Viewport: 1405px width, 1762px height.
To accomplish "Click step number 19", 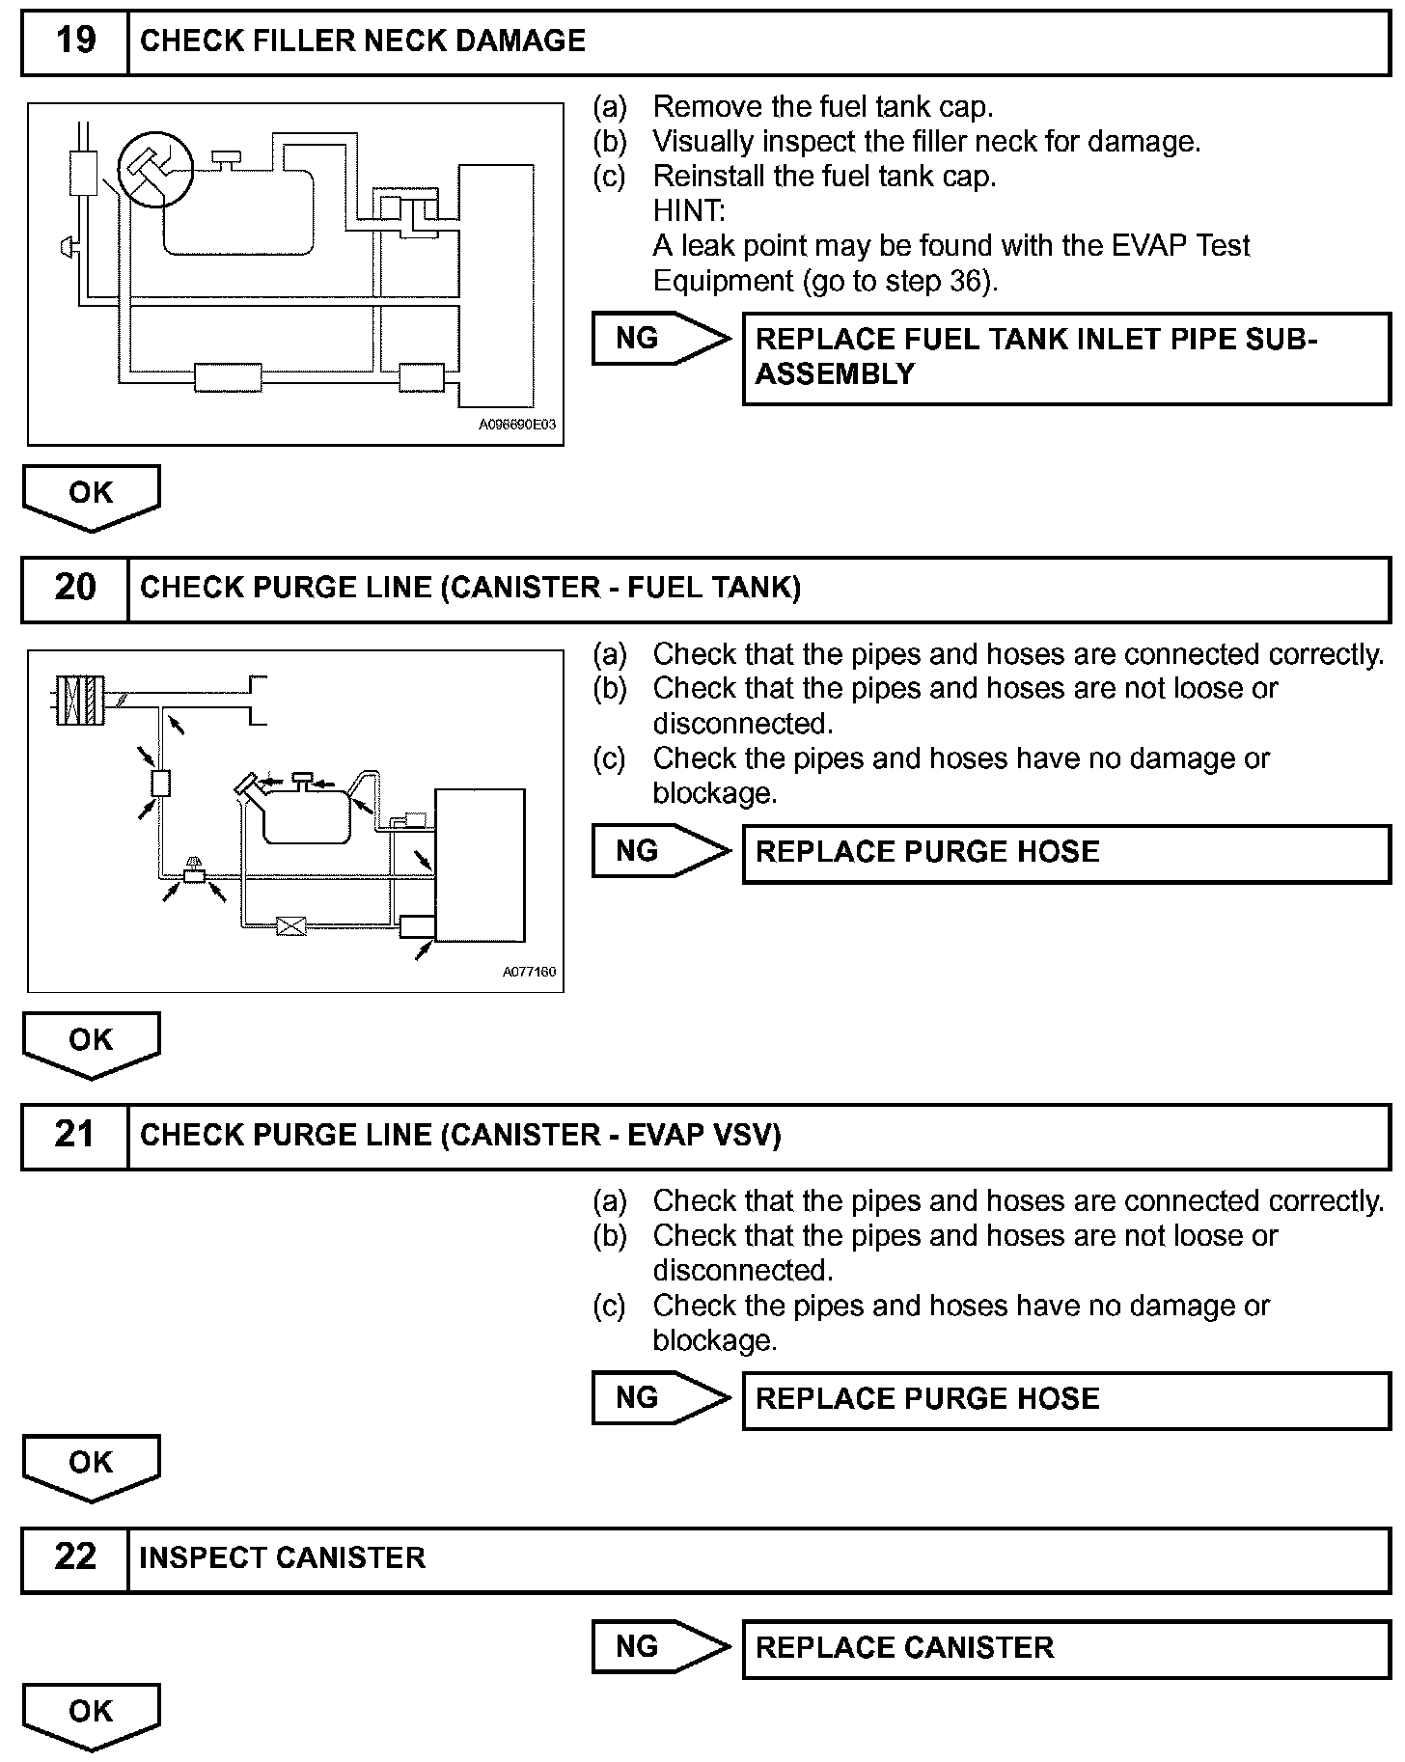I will [75, 41].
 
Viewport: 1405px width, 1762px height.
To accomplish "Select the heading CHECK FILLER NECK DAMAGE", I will [363, 41].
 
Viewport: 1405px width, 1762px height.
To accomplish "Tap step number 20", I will [75, 588].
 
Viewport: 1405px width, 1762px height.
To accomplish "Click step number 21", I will [75, 1135].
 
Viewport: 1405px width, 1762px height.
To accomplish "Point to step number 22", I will [75, 1557].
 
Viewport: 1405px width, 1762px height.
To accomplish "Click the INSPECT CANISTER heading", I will [282, 1558].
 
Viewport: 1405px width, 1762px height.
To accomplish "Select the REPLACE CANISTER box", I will [1065, 1647].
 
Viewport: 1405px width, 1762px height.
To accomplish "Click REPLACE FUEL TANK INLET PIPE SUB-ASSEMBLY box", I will [1065, 357].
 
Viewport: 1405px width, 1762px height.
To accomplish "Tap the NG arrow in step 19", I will [660, 339].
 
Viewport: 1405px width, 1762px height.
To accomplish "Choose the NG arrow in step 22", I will [660, 1646].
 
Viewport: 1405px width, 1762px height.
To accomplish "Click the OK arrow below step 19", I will [91, 496].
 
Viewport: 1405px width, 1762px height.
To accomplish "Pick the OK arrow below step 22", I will [91, 1714].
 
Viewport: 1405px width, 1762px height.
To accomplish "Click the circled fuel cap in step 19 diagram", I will [154, 170].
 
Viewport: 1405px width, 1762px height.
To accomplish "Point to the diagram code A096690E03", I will [517, 425].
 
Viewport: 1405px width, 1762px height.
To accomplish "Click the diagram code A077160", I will [529, 972].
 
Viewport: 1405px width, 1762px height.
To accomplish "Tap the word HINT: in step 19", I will [689, 210].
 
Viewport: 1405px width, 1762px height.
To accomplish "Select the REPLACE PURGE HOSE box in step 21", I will [1065, 1399].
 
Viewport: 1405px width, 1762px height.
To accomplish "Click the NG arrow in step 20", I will [660, 851].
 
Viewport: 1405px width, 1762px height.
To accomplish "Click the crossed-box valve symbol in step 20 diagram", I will [290, 926].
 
